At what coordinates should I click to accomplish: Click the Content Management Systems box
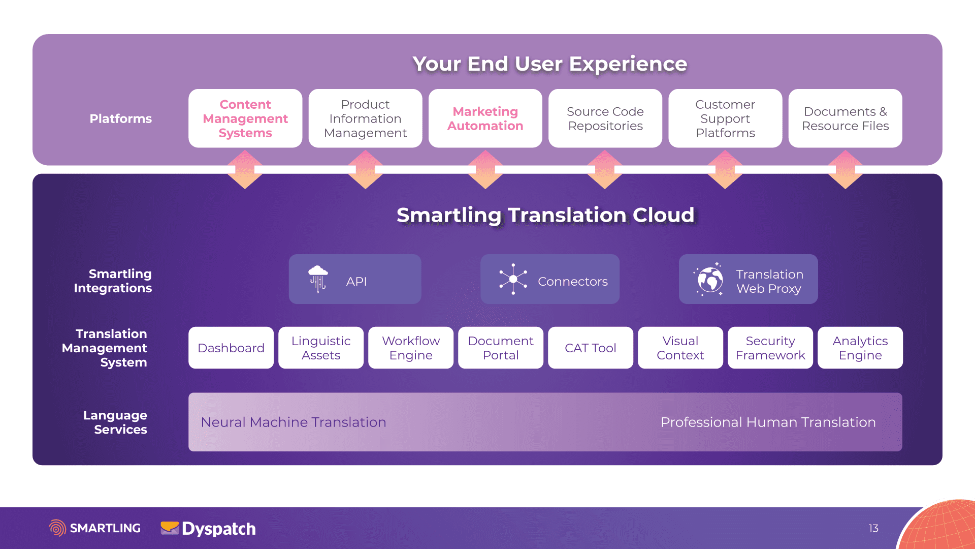point(245,118)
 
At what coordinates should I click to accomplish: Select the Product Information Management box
point(365,118)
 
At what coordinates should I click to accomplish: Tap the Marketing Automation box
point(485,118)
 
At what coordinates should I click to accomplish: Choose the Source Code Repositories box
point(605,118)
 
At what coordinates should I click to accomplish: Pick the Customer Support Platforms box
point(725,118)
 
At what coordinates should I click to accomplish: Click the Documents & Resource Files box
point(846,118)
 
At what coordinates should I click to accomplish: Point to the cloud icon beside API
point(318,279)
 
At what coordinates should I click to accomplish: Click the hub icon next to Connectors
point(513,279)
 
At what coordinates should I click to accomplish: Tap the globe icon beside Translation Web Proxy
point(709,279)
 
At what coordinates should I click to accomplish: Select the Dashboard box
point(231,348)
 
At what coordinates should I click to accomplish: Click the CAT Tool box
point(591,348)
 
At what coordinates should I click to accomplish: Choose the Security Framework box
point(770,348)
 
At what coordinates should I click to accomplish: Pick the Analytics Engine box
point(860,348)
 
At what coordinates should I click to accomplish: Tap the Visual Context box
point(680,348)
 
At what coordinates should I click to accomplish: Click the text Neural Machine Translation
point(294,422)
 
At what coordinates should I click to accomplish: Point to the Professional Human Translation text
point(768,422)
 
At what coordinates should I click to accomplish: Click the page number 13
point(873,528)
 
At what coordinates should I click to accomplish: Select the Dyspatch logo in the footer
point(208,529)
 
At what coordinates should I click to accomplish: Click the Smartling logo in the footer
point(95,528)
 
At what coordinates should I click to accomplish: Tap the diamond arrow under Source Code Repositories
point(605,169)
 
